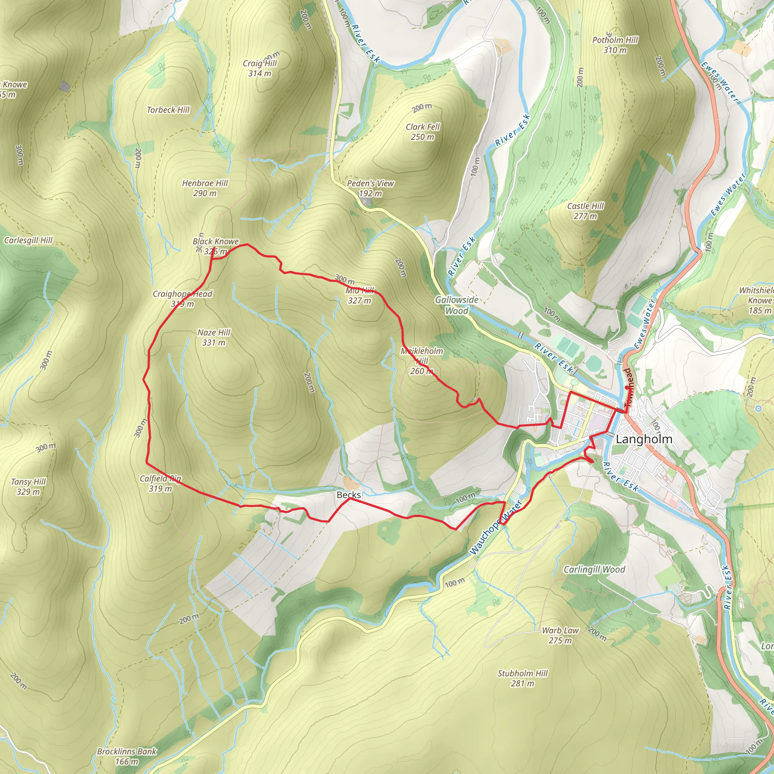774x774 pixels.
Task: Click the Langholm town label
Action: pos(644,439)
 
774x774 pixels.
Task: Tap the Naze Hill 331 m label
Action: pos(214,337)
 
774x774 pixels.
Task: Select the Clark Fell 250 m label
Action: pos(423,132)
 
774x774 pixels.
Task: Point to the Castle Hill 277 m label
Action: pos(585,211)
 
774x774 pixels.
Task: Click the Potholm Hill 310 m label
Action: pos(615,45)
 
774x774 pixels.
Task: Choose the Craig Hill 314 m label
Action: pos(260,68)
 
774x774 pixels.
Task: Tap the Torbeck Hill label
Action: pos(168,110)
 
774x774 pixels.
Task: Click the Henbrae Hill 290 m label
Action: pos(205,188)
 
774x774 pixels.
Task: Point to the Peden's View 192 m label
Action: pos(370,188)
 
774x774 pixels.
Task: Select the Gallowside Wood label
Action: pos(457,305)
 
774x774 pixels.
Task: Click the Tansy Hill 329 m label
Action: pos(28,486)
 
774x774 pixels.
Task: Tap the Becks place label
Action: pos(348,495)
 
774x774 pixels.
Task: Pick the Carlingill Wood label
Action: pos(594,569)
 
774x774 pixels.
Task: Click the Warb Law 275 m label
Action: pos(560,635)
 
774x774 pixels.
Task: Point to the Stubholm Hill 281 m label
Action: pos(522,678)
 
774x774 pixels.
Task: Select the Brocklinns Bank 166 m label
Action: pos(127,756)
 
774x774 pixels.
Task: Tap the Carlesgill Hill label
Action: pos(28,240)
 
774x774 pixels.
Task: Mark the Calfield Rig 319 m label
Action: pos(160,483)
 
